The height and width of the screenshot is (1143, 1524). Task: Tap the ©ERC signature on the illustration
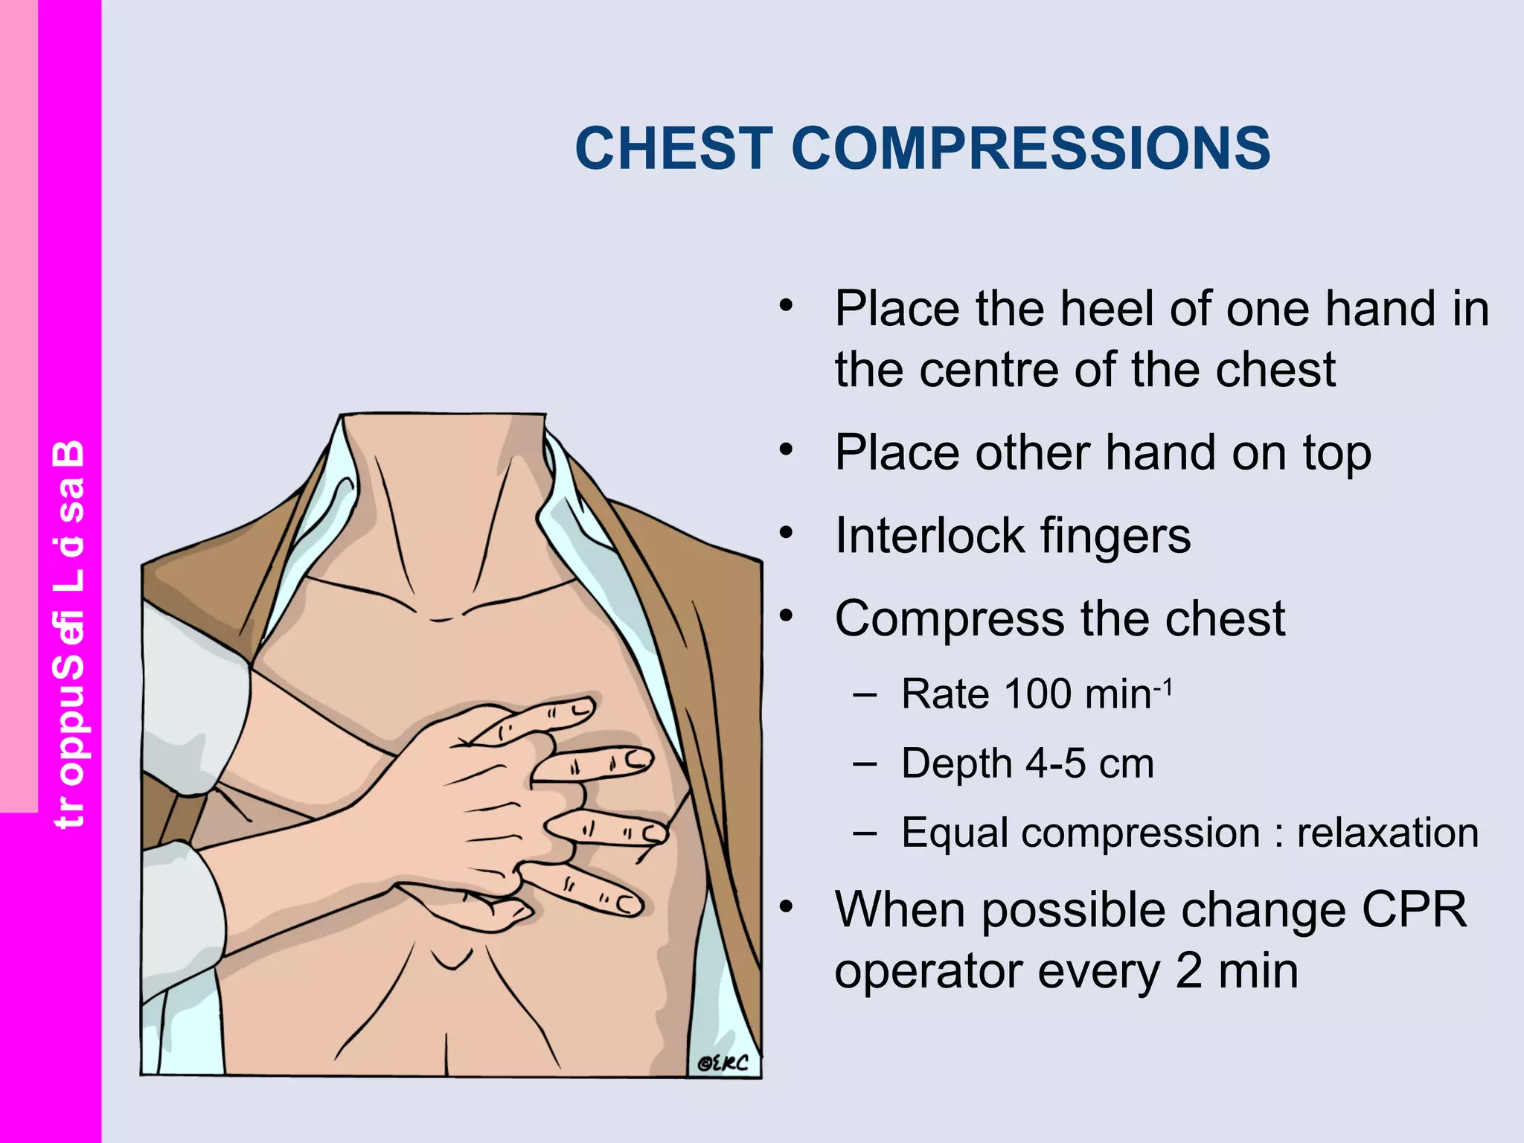(x=723, y=1063)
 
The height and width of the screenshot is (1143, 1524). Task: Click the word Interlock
(x=930, y=536)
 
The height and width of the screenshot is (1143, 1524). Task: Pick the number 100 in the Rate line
(x=1038, y=694)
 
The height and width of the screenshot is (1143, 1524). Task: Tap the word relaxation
(x=1387, y=833)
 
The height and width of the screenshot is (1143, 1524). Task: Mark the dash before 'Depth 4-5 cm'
(x=865, y=763)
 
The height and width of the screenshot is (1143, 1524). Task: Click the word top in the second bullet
(x=1336, y=454)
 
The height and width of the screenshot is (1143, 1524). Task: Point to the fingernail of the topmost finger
(x=581, y=707)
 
